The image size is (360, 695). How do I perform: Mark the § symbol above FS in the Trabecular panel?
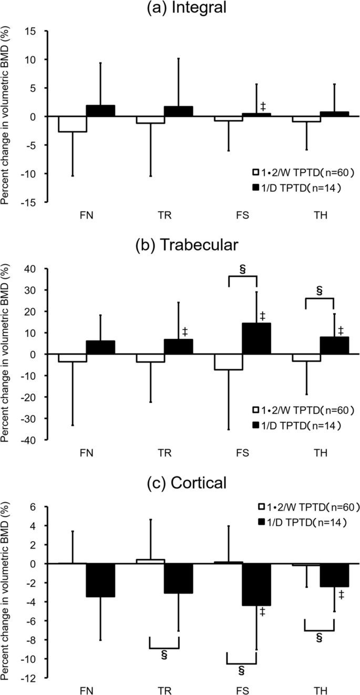(242, 269)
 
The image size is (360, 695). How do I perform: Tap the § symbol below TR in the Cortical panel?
(164, 655)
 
